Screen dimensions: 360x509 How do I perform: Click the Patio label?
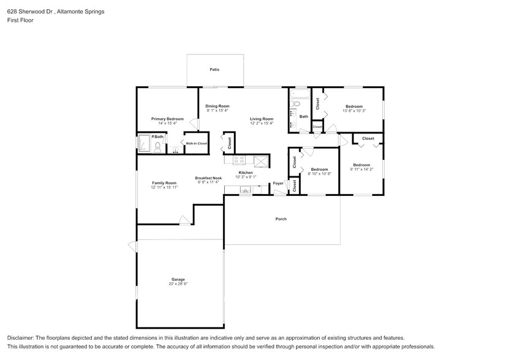(x=214, y=70)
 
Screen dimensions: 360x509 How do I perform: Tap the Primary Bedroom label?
(x=167, y=119)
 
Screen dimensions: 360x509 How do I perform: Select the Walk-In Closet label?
(x=197, y=143)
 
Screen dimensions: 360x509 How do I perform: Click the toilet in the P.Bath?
(x=158, y=146)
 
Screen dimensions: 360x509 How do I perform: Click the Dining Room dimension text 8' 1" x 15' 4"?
(x=217, y=111)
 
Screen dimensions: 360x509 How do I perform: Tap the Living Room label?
(x=261, y=119)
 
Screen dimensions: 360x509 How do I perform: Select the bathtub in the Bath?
(x=300, y=96)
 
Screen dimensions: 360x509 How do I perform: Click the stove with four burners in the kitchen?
(x=235, y=160)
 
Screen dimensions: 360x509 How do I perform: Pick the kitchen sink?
(x=246, y=190)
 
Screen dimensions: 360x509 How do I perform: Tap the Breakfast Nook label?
(x=206, y=178)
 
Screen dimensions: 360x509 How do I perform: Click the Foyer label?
(x=278, y=183)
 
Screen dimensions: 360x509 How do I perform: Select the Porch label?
(x=281, y=219)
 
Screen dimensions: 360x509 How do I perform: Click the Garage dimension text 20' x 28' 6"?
(x=178, y=284)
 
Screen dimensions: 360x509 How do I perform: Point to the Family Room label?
(x=164, y=182)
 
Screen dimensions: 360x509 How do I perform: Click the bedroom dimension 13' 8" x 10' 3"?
(x=353, y=111)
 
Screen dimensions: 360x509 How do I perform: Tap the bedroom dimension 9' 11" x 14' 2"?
(x=361, y=170)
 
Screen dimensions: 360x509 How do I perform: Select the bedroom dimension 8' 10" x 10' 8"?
(x=319, y=174)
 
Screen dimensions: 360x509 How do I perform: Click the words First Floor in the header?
(x=20, y=20)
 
